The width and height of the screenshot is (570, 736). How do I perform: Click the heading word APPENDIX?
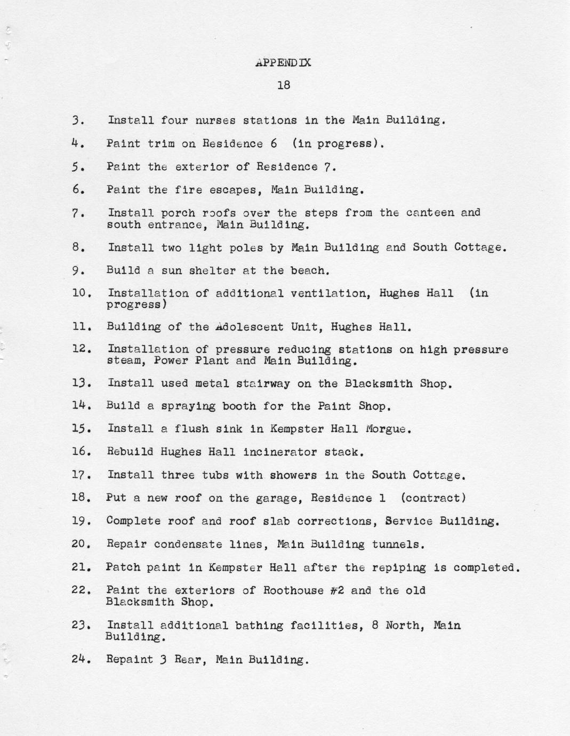[283, 62]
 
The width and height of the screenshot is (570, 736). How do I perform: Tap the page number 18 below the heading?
[284, 85]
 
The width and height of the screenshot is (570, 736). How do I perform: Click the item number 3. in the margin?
[78, 121]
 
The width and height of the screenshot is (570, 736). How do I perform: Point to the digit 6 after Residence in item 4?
[274, 143]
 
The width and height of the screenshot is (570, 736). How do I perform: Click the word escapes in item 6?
[239, 189]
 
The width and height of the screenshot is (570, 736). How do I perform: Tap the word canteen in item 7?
[430, 213]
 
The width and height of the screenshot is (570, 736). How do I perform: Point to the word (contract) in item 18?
[433, 498]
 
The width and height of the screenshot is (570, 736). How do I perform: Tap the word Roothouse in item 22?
[294, 590]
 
